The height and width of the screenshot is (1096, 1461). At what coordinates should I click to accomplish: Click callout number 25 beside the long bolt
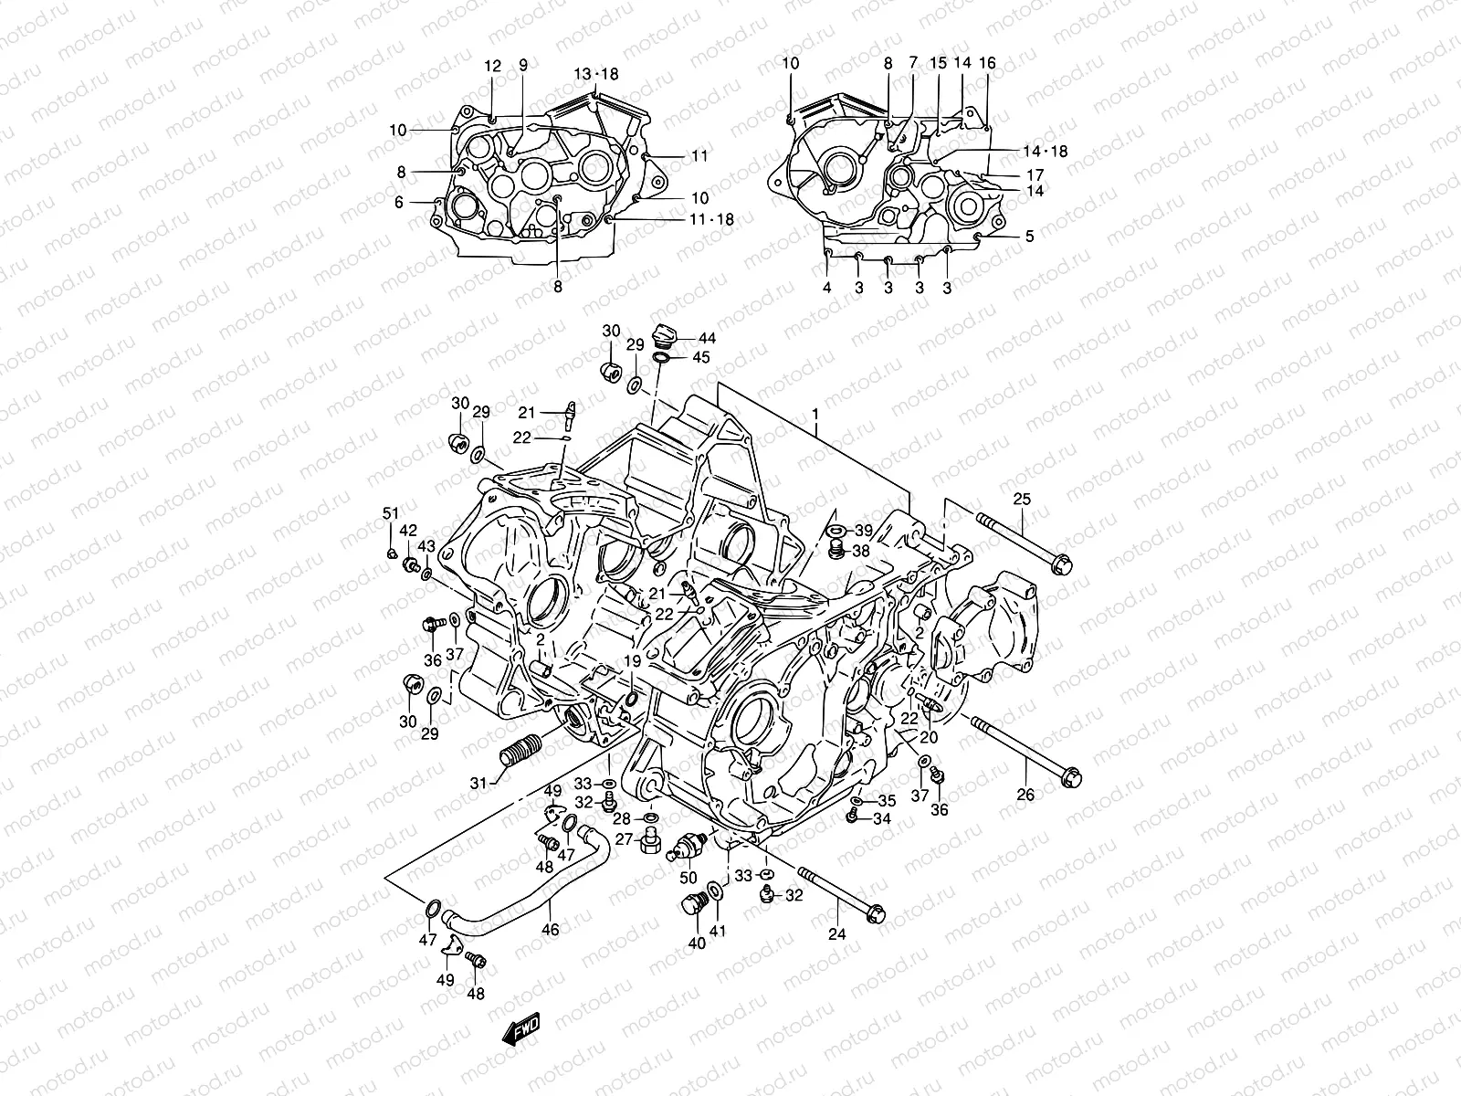pos(1021,498)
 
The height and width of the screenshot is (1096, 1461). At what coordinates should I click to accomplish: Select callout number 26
pos(1025,795)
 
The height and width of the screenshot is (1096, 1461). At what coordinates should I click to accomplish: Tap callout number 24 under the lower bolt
pos(837,933)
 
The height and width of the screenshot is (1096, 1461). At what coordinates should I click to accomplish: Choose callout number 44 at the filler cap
pos(707,338)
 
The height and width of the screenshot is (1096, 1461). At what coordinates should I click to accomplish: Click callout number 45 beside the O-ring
pos(700,357)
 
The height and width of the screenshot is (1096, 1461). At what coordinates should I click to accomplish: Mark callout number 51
pos(391,514)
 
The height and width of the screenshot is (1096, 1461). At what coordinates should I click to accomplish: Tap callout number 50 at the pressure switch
pos(688,878)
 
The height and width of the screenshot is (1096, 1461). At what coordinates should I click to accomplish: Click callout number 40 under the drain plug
pos(697,943)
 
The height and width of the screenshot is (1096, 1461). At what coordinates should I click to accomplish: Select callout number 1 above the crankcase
pos(815,414)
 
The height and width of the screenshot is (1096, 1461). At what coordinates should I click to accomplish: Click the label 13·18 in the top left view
pos(596,74)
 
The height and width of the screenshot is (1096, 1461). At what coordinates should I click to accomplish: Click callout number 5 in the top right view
pos(1029,237)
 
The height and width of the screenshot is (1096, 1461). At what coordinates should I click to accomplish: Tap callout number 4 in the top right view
pos(826,287)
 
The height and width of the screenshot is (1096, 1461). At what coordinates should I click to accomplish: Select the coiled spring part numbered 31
pos(517,754)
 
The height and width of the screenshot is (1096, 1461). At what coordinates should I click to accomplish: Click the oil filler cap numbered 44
pos(665,334)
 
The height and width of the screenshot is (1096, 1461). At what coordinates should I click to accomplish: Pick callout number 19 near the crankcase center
pos(632,660)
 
